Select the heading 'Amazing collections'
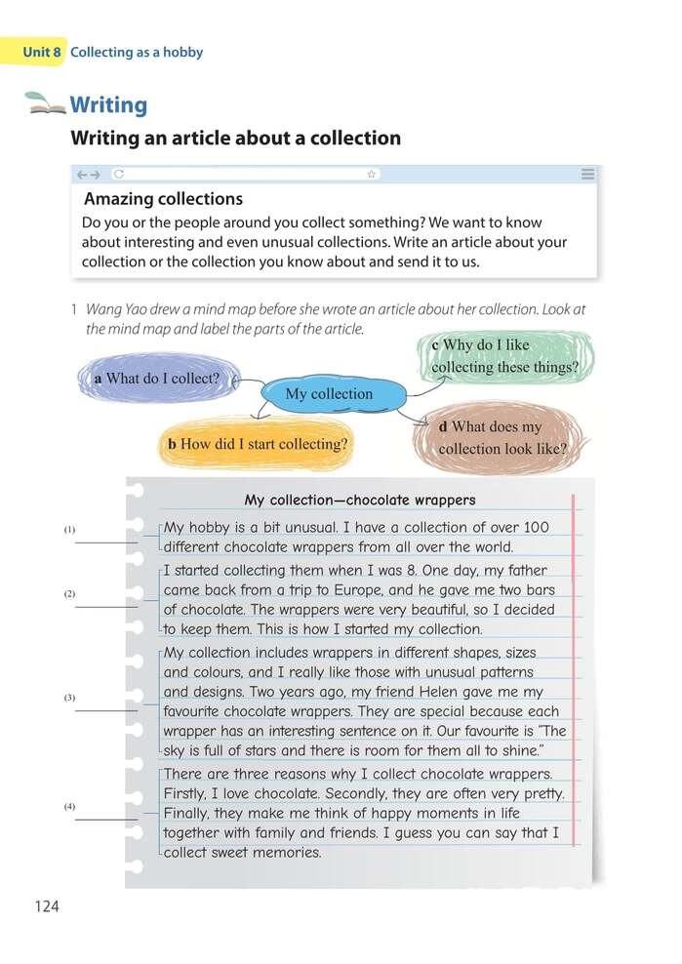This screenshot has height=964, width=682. (163, 199)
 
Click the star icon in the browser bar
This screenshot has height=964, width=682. (371, 174)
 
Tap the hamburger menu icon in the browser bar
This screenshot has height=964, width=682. (587, 174)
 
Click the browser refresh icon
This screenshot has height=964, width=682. (118, 174)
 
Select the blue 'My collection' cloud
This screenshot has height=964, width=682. (329, 394)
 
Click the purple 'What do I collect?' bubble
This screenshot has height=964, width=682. (156, 379)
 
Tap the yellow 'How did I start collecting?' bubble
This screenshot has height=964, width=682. (258, 444)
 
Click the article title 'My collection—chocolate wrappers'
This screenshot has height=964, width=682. (360, 501)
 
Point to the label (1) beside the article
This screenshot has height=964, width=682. (69, 530)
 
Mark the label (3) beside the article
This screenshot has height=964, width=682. (69, 698)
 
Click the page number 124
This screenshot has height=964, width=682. (46, 906)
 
